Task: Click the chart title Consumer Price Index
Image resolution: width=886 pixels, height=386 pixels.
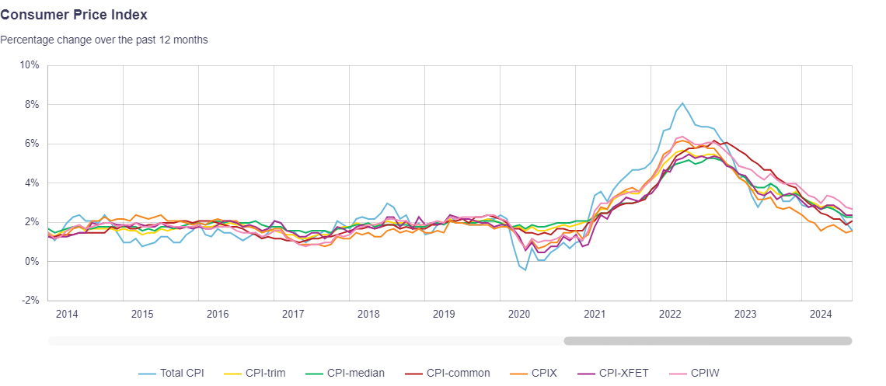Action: click(x=74, y=15)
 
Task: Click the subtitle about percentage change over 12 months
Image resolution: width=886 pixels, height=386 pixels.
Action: click(x=103, y=40)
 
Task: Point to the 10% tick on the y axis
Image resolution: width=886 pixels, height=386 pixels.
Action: click(x=30, y=65)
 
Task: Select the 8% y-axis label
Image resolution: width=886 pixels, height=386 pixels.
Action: click(x=32, y=104)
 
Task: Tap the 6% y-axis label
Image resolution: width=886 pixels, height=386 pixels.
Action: click(x=32, y=144)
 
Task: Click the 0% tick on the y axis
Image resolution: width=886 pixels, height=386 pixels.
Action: click(x=32, y=262)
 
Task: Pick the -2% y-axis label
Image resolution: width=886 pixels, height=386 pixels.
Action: click(x=30, y=301)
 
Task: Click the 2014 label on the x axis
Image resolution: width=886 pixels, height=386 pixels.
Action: click(x=67, y=315)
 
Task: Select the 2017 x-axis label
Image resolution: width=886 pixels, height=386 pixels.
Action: click(x=293, y=315)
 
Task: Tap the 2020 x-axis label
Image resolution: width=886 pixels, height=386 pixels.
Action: click(x=519, y=315)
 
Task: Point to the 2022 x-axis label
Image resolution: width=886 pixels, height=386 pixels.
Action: click(x=670, y=315)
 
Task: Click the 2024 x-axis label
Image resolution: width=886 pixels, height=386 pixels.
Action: click(x=821, y=315)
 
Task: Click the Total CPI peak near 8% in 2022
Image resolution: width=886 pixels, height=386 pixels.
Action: click(x=682, y=103)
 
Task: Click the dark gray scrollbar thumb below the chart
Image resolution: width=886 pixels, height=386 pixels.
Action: click(x=707, y=341)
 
